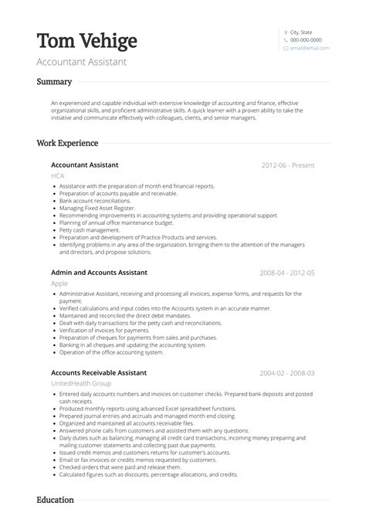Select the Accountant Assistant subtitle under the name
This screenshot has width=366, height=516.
click(x=81, y=61)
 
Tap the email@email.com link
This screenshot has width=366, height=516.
click(x=310, y=48)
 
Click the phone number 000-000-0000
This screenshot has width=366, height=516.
click(x=306, y=40)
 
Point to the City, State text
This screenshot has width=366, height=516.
click(x=302, y=32)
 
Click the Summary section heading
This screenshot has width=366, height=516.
click(x=54, y=82)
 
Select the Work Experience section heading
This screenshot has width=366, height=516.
click(x=67, y=143)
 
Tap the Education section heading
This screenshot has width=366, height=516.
click(x=56, y=500)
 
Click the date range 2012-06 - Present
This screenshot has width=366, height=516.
click(x=287, y=165)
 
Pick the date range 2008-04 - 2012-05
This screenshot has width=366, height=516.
click(x=287, y=273)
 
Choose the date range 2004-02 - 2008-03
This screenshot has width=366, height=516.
click(x=287, y=372)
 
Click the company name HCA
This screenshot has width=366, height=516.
click(x=58, y=176)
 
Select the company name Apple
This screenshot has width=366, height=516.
click(x=59, y=283)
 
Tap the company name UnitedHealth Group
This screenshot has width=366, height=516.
click(x=81, y=383)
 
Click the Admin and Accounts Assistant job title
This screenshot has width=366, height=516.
click(x=99, y=273)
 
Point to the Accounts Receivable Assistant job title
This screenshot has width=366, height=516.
click(x=99, y=372)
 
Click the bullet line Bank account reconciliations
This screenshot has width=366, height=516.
click(x=95, y=200)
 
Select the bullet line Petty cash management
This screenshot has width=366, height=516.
click(x=90, y=229)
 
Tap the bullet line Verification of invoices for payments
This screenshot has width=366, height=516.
click(x=104, y=330)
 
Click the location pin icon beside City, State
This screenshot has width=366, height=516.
click(x=286, y=32)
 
